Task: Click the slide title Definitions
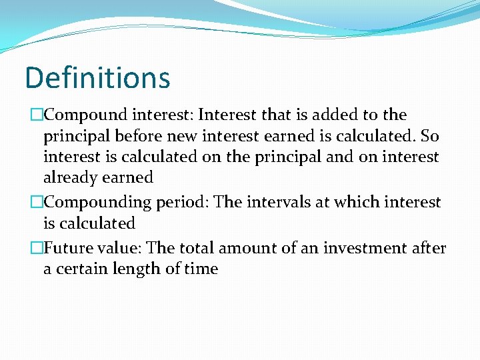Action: pos(97,77)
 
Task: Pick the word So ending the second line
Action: pos(430,137)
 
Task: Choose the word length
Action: pos(133,269)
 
